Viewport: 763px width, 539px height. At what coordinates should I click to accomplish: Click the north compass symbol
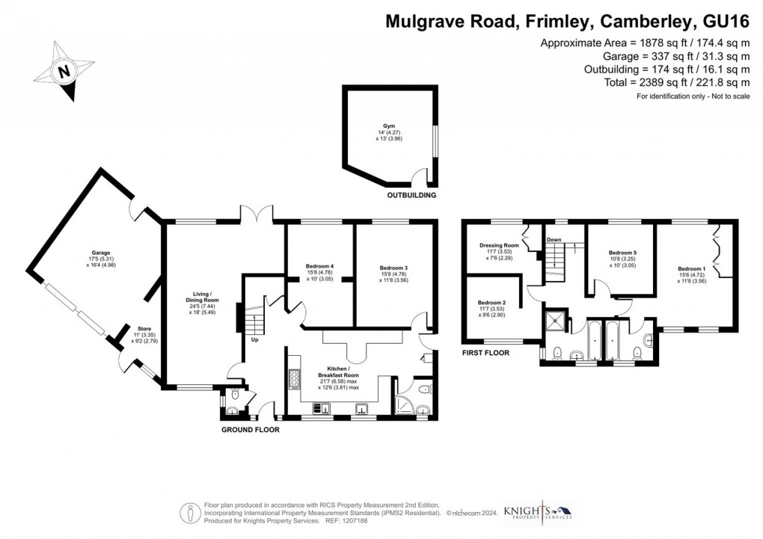click(64, 73)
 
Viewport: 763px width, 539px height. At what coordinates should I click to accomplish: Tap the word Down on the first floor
click(554, 240)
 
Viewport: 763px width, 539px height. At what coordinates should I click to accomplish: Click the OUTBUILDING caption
click(411, 195)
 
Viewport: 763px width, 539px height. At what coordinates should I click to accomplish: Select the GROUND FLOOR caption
click(251, 430)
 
